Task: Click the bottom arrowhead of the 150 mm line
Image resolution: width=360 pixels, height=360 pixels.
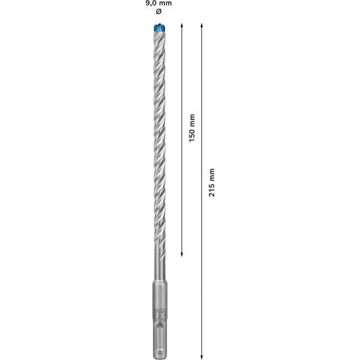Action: (x=181, y=254)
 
